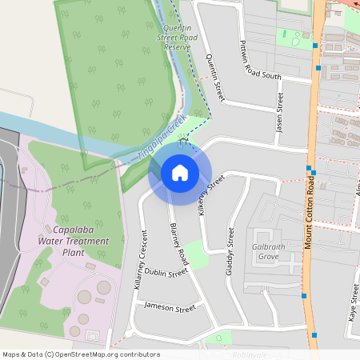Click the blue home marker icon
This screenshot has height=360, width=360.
180,172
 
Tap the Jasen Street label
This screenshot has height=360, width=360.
280,112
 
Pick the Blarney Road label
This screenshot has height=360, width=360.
178,245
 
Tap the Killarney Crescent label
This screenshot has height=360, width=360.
140,259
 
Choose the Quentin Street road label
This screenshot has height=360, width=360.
211,72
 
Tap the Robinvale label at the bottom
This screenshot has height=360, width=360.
250,354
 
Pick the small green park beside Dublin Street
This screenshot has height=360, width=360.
196,254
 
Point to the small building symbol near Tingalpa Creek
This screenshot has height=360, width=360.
183,142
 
